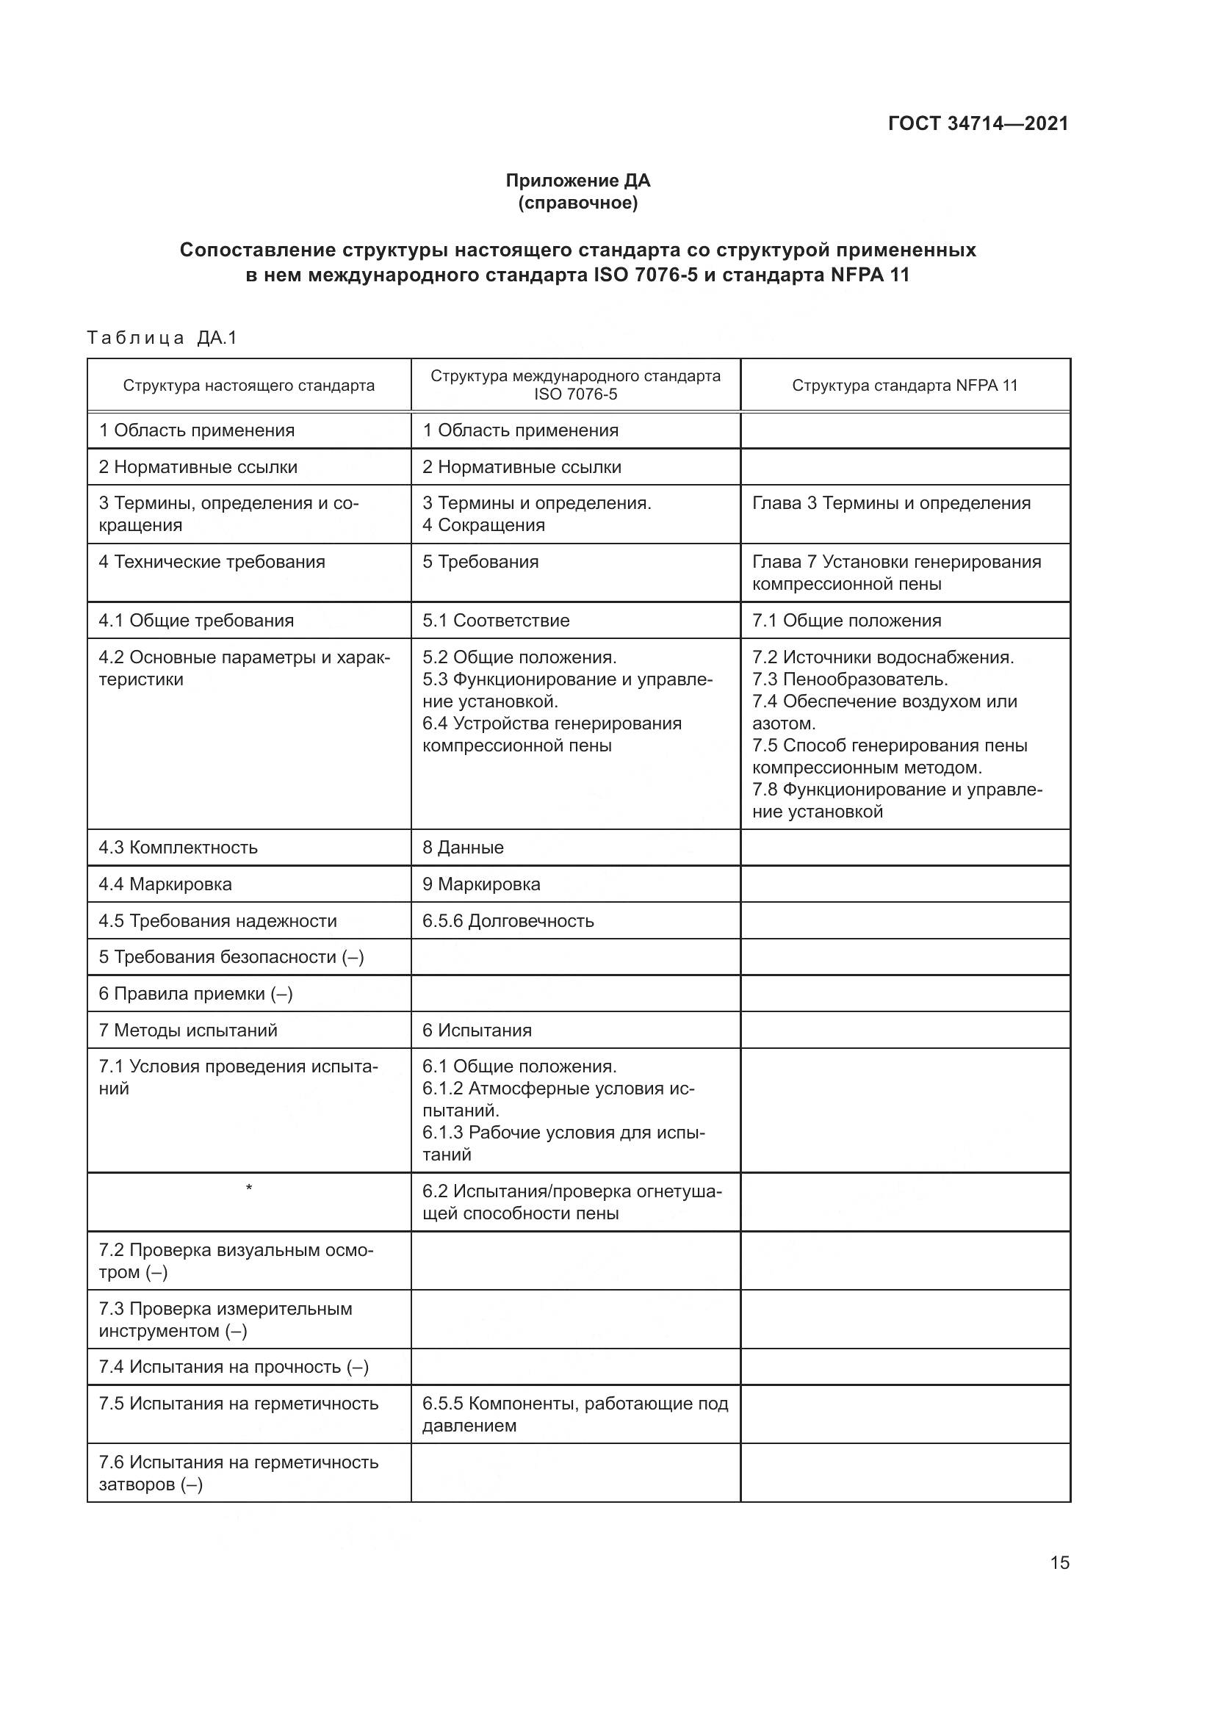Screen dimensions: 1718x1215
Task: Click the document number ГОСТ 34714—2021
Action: click(x=978, y=123)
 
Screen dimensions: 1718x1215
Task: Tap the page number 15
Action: click(x=1059, y=1562)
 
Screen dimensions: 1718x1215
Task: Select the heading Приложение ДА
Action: click(x=577, y=181)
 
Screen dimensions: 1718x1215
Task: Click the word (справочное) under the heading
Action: click(x=577, y=203)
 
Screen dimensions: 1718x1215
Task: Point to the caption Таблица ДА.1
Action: click(x=162, y=338)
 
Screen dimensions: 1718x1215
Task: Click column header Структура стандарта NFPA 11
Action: click(x=904, y=386)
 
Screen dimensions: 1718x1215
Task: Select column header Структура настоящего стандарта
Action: click(x=248, y=386)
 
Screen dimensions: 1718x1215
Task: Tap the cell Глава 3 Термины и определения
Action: click(x=891, y=503)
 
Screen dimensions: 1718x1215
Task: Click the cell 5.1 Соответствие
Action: click(x=495, y=621)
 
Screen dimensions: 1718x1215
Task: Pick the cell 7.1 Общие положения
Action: click(x=846, y=621)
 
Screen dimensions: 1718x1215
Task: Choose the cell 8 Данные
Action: click(x=462, y=847)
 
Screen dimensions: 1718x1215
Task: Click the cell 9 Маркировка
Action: click(x=481, y=884)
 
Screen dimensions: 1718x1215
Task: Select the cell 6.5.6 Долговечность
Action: click(x=508, y=920)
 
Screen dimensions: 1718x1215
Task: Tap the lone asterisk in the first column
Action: click(x=248, y=1188)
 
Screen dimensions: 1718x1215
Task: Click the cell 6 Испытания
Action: click(x=477, y=1031)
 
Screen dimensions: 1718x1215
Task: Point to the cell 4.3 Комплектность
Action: click(x=178, y=847)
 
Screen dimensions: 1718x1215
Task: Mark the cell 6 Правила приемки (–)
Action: click(x=195, y=994)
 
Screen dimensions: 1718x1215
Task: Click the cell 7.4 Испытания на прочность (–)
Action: click(x=234, y=1367)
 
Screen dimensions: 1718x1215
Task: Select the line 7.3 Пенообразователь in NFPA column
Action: click(x=850, y=679)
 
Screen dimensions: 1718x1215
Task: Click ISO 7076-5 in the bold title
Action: click(x=646, y=275)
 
